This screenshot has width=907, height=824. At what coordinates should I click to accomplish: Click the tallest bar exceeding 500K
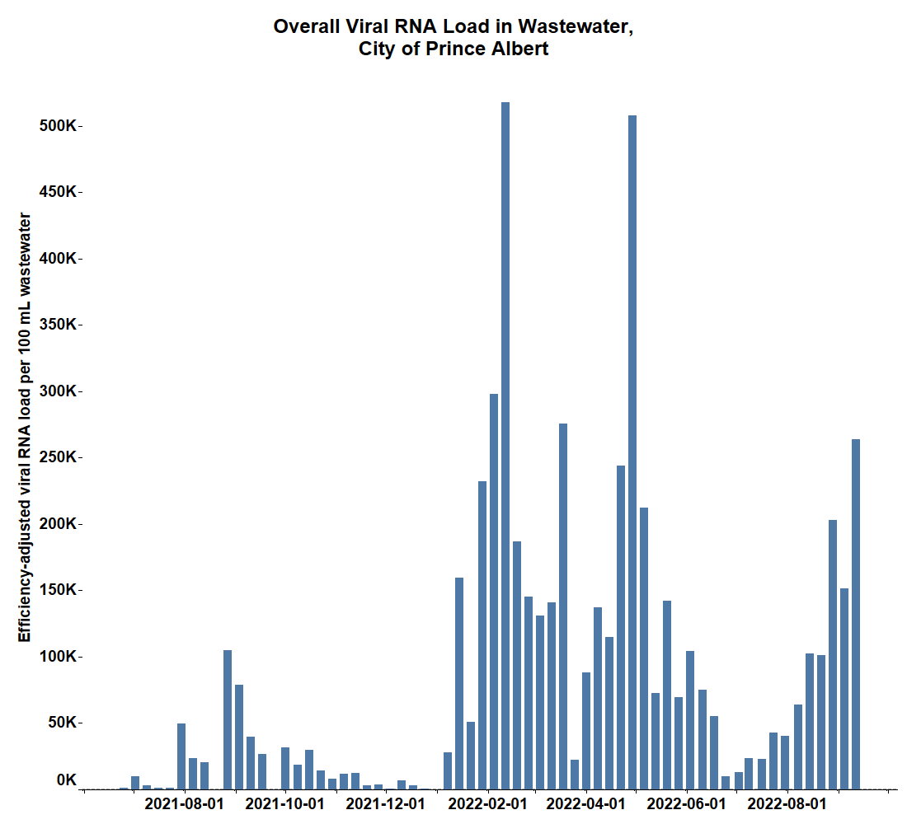505,445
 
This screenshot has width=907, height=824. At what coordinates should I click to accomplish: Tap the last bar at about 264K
856,614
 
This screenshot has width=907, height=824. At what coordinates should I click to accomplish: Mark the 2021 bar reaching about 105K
228,719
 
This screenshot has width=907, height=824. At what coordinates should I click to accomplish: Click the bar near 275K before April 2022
563,606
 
